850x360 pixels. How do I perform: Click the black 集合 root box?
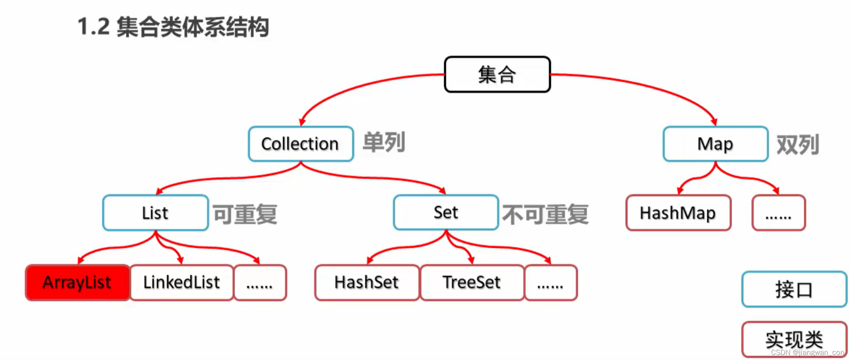[497, 74]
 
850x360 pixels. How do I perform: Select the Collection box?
[301, 144]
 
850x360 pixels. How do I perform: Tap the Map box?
[715, 144]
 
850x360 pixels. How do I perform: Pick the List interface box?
[156, 213]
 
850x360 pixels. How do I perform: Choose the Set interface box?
[446, 213]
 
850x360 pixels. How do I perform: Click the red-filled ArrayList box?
[77, 283]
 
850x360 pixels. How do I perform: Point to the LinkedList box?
[182, 283]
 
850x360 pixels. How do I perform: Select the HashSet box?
[367, 283]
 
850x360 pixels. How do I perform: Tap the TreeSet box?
[472, 283]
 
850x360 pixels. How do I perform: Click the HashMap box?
[678, 213]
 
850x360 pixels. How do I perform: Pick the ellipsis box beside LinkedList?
[260, 283]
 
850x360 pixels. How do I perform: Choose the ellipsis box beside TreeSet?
[551, 283]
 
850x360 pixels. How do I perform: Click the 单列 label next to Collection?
[384, 142]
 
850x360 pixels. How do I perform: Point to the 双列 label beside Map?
[798, 145]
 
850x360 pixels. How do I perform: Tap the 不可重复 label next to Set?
[545, 214]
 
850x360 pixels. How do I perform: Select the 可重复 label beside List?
[245, 214]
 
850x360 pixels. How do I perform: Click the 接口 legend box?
[794, 290]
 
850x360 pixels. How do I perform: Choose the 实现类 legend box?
[794, 339]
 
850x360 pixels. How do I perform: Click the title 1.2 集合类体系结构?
[173, 27]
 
